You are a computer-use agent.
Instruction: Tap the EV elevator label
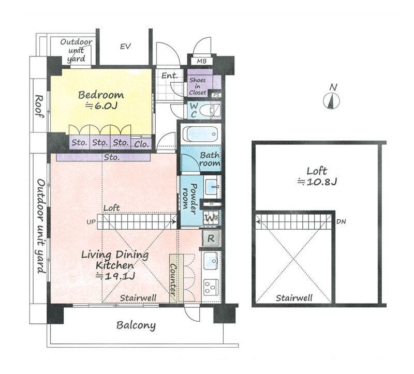(125, 47)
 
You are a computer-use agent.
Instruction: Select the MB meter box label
(201, 62)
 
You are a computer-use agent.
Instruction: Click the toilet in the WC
(211, 110)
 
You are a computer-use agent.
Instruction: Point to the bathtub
(201, 135)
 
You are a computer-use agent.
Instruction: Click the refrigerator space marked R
(211, 238)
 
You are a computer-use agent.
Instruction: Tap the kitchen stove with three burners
(211, 287)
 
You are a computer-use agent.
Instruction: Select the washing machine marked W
(211, 218)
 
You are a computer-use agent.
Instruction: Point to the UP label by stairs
(91, 222)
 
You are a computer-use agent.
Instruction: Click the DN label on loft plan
(341, 222)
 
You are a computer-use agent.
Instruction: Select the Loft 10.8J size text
(317, 182)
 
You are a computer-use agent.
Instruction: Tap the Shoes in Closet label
(198, 86)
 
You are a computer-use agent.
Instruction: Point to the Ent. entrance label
(170, 76)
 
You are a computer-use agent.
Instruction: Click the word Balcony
(136, 325)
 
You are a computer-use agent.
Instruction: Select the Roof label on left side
(39, 107)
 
